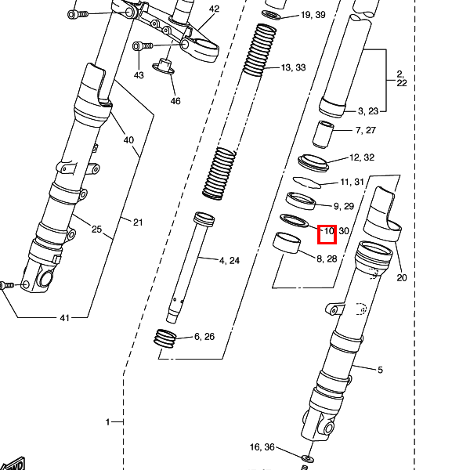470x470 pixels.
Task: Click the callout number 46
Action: click(x=175, y=101)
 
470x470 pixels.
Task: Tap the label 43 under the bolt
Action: click(x=139, y=75)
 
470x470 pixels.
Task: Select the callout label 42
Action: click(x=214, y=9)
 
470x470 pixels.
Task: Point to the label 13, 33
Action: click(x=294, y=67)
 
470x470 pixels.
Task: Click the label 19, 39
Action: click(x=313, y=15)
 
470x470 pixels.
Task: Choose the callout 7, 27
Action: click(x=365, y=130)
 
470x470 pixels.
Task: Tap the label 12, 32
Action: click(x=362, y=157)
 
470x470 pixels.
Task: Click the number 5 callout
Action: click(x=380, y=370)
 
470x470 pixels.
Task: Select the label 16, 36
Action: click(x=262, y=447)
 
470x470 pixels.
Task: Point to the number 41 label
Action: click(x=65, y=318)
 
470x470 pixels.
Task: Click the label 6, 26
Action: click(x=204, y=337)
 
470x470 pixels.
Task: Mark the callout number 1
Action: click(x=108, y=422)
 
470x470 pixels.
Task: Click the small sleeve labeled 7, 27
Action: click(x=323, y=134)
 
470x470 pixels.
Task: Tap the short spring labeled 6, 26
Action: click(x=164, y=338)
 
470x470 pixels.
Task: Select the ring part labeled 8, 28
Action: click(x=287, y=243)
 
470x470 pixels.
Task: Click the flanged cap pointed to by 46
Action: click(x=164, y=67)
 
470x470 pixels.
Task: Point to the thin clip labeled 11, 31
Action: click(x=307, y=183)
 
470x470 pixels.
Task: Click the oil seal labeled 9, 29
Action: click(x=301, y=201)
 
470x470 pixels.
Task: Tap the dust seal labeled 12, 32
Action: click(x=313, y=163)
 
